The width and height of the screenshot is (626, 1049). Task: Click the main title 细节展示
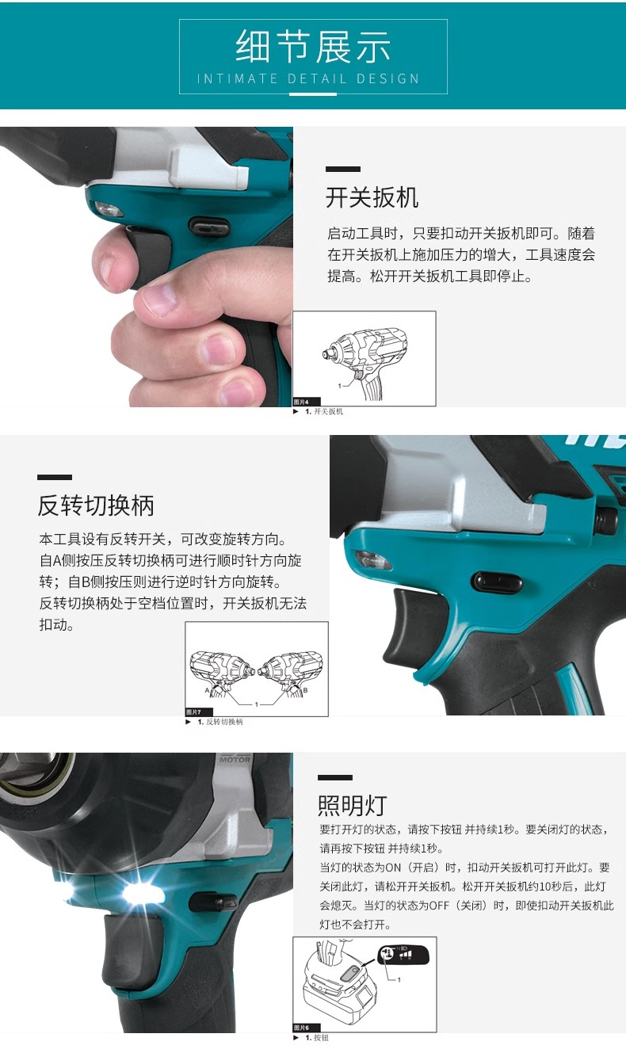pos(313,47)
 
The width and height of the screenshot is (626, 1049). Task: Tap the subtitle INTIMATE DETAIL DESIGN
pos(308,78)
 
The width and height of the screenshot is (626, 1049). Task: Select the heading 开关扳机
pos(372,197)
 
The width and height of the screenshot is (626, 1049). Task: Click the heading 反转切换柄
pos(96,505)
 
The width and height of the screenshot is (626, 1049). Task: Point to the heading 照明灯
pos(352,806)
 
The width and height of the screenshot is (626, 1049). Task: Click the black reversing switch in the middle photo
pos(498,582)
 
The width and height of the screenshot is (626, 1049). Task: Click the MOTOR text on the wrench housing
pos(235,760)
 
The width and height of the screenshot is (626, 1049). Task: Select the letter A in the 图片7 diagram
pos(207,690)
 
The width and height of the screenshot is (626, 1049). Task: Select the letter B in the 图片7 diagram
pos(305,690)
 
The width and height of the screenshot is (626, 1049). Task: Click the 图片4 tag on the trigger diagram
pos(307,402)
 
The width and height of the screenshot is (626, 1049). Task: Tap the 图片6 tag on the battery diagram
pos(307,1028)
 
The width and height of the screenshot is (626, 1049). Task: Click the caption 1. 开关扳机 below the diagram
pos(323,412)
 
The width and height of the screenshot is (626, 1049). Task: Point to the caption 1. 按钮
pos(316,1038)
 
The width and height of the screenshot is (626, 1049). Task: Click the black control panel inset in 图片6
pos(403,955)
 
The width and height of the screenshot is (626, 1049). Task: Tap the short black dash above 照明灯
pos(334,778)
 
